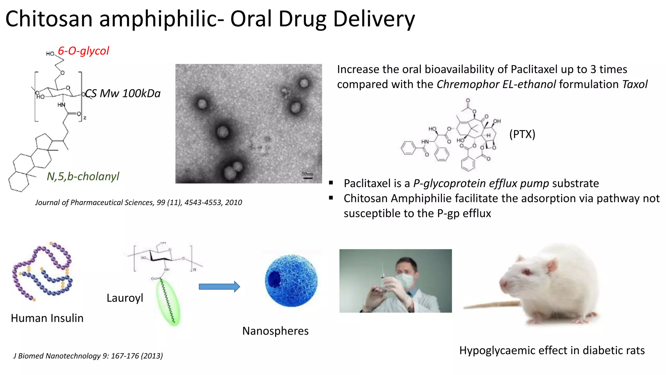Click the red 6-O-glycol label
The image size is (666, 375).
83,51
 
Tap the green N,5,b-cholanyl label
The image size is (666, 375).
83,176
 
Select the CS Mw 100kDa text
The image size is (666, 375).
123,93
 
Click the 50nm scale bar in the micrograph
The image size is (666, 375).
308,178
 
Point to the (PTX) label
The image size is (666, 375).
522,134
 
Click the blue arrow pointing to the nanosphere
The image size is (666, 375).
219,286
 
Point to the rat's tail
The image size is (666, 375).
491,305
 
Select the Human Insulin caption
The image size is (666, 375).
47,318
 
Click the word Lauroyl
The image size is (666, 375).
125,298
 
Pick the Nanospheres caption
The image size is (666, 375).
275,331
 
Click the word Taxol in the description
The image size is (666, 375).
634,84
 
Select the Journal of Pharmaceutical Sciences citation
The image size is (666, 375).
139,202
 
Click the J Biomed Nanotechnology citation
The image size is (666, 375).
88,356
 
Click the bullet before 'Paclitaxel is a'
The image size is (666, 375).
331,183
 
